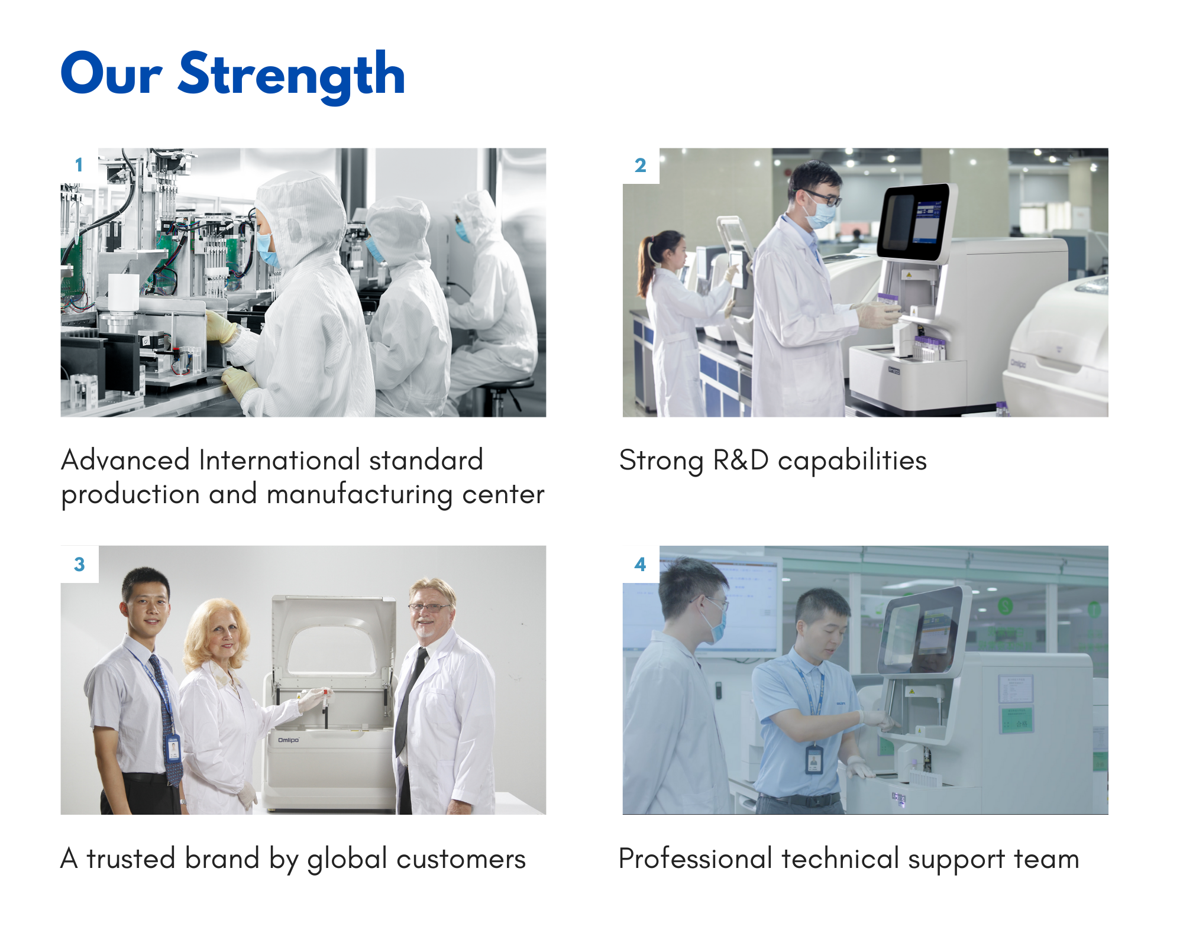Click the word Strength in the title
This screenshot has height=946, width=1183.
292,76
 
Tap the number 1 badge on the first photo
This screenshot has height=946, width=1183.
79,166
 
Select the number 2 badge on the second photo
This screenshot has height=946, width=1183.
641,166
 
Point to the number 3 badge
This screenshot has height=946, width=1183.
79,564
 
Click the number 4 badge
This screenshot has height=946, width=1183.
641,564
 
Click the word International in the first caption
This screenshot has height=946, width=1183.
280,460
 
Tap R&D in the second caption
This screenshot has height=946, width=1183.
741,460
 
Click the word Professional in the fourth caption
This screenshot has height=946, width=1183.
696,858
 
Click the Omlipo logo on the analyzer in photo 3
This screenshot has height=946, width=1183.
289,740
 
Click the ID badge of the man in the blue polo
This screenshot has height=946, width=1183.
814,760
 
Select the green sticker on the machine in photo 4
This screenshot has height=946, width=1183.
1017,720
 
